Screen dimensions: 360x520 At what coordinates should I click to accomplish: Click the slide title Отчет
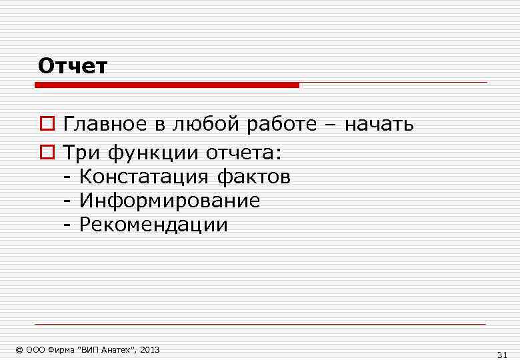[x=73, y=66]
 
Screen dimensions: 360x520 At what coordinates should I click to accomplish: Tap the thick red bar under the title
[x=167, y=85]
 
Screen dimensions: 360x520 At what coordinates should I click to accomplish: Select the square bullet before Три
[x=46, y=154]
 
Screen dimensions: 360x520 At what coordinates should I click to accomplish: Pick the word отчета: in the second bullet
[x=244, y=154]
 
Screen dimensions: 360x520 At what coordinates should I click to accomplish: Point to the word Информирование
[x=169, y=201]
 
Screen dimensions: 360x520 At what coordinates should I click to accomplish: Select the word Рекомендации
[x=153, y=225]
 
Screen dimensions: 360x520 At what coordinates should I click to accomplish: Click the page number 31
[x=503, y=354]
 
